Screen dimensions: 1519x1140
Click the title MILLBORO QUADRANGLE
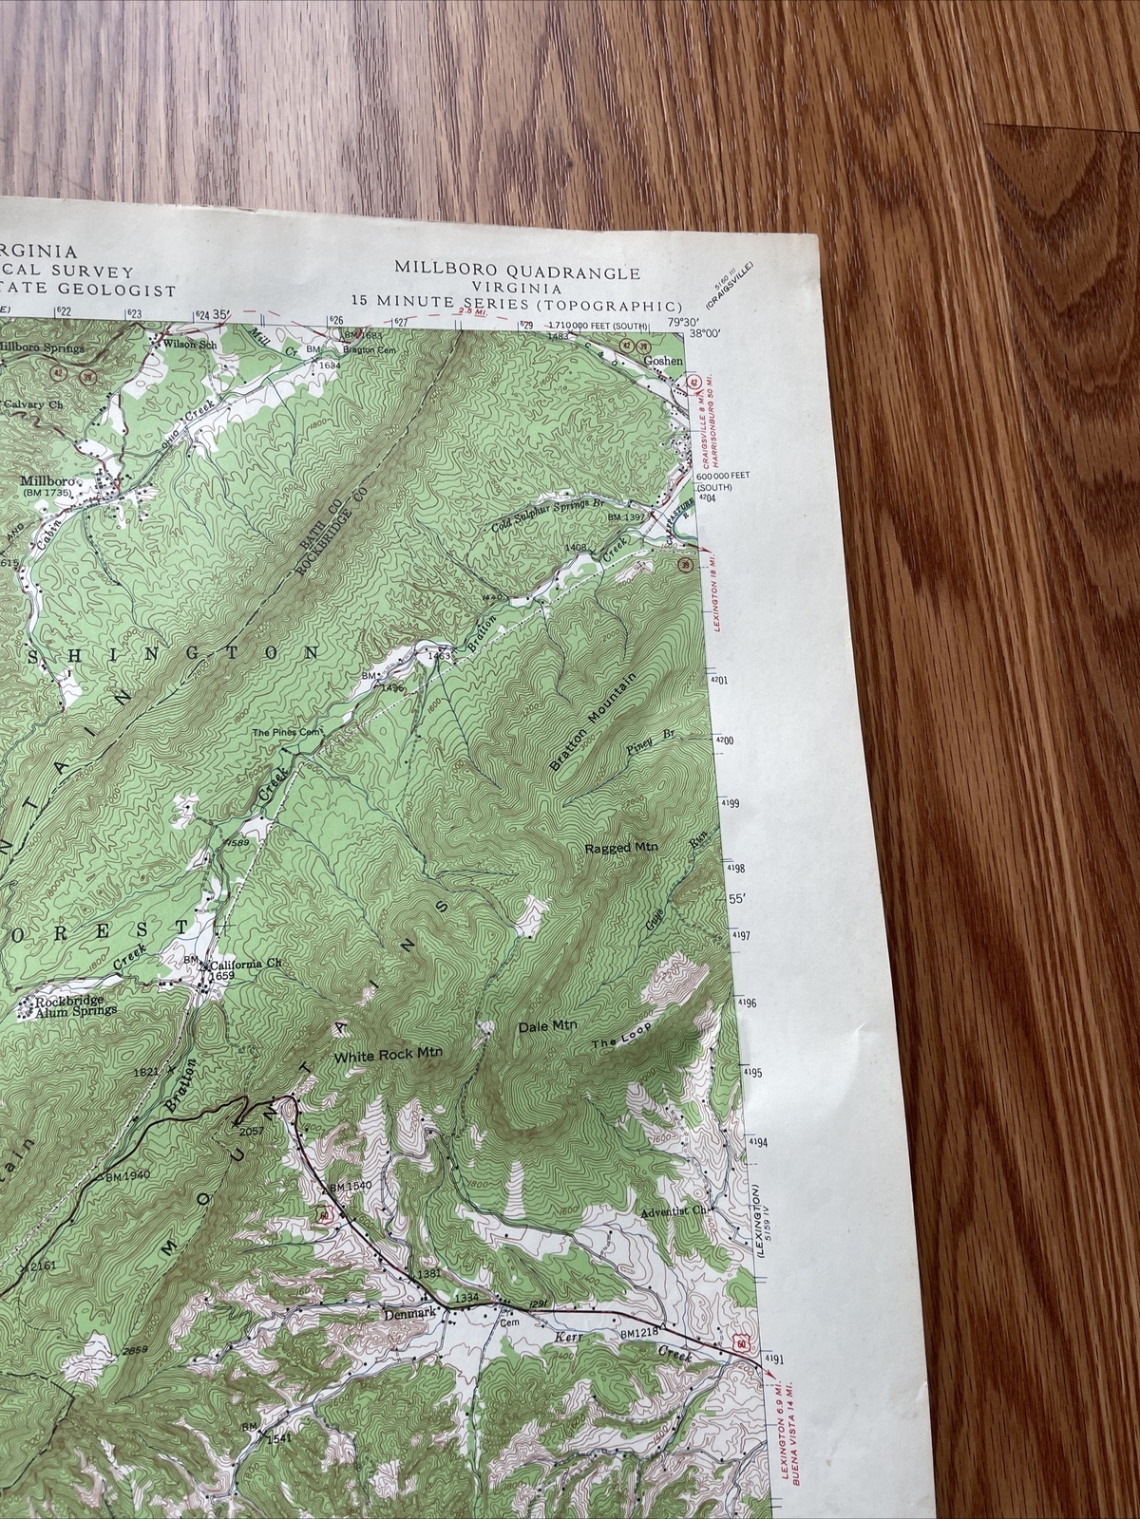(518, 272)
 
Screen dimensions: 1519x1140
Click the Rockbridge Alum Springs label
(76, 1006)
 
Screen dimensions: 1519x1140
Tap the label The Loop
(618, 1041)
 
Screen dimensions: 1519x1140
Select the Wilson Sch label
(192, 344)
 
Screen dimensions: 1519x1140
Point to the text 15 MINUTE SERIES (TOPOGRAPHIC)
(516, 304)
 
